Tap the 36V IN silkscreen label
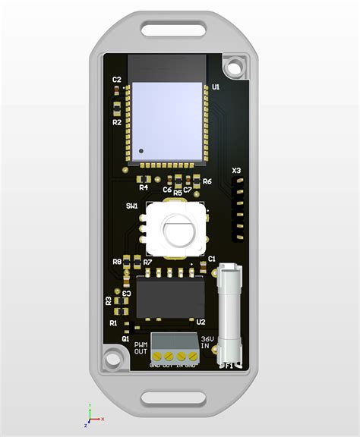pyautogui.click(x=206, y=343)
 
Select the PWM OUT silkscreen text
pyautogui.click(x=141, y=347)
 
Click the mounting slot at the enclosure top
pyautogui.click(x=174, y=31)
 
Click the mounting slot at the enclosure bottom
pyautogui.click(x=174, y=396)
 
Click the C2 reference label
pyautogui.click(x=116, y=79)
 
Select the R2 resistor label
pyautogui.click(x=116, y=121)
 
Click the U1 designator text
pyautogui.click(x=216, y=88)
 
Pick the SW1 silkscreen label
pyautogui.click(x=131, y=206)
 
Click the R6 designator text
pyautogui.click(x=207, y=182)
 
